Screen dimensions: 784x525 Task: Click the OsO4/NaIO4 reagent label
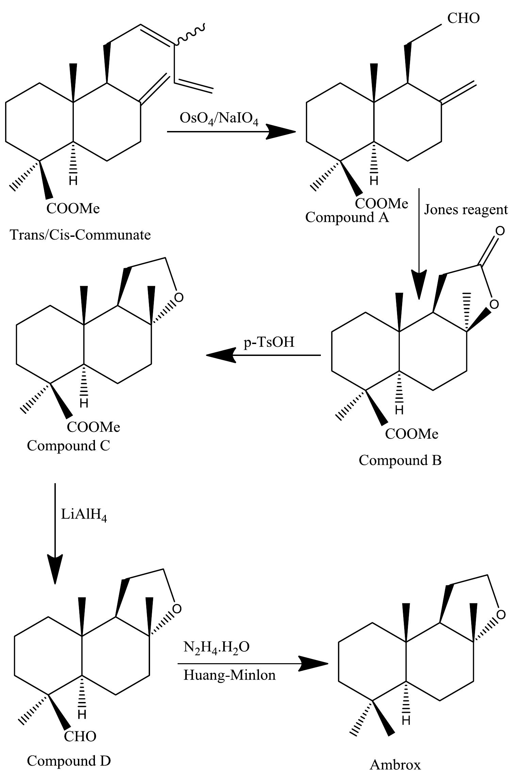pos(219,119)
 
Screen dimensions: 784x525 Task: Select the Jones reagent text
pos(465,210)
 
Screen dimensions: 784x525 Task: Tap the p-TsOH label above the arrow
pos(269,342)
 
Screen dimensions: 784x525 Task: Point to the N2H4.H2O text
pos(216,647)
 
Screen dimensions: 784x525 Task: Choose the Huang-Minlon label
pos(229,675)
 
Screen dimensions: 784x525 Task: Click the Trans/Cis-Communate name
pos(80,235)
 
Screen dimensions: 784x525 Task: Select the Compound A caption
pos(346,217)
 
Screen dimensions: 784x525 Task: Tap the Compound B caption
pos(400,460)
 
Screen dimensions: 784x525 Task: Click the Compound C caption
pos(68,445)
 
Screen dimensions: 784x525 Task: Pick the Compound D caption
pos(69,761)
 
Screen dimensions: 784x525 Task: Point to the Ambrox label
pos(395,765)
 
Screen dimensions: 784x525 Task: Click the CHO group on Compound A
pos(463,18)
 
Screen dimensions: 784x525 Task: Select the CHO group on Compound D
pos(80,736)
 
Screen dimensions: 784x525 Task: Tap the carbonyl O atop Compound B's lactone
pos(499,231)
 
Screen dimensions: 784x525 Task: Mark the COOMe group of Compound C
pos(93,427)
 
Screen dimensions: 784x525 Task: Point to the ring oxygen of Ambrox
pos(501,615)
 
